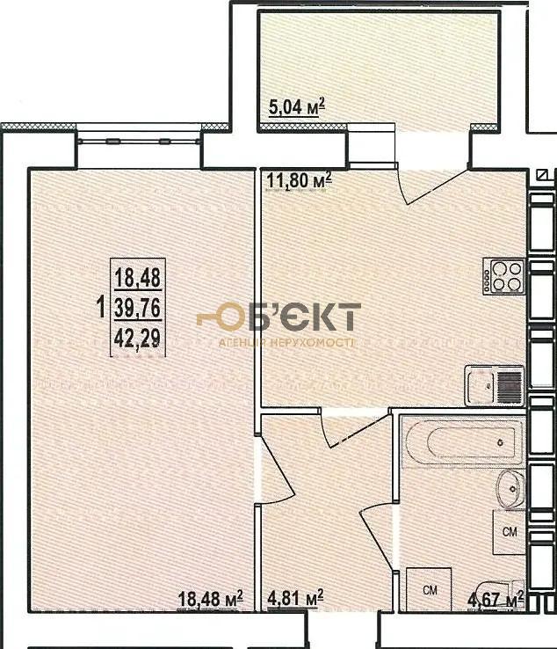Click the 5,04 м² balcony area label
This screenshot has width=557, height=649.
click(x=296, y=107)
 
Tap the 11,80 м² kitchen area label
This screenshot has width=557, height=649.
click(x=299, y=180)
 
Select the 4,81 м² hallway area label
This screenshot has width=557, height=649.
click(x=295, y=598)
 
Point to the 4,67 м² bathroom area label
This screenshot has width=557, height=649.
click(x=496, y=599)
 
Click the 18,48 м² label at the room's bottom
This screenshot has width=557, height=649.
click(x=211, y=599)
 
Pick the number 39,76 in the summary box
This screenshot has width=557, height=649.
click(x=138, y=308)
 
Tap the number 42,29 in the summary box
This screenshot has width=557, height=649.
click(x=138, y=339)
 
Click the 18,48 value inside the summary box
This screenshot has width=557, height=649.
click(x=138, y=277)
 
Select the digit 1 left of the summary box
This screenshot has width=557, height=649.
click(x=100, y=308)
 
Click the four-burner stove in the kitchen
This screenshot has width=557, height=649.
click(x=504, y=276)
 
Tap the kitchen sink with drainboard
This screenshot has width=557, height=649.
click(x=495, y=386)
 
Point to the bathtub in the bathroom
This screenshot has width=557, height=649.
click(x=463, y=441)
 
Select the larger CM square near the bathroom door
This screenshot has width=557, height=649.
click(x=429, y=589)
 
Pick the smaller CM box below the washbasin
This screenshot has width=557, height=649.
click(x=509, y=531)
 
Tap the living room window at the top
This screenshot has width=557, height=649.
click(x=140, y=141)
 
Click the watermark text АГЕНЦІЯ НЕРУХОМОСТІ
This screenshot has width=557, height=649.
click(x=286, y=343)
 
